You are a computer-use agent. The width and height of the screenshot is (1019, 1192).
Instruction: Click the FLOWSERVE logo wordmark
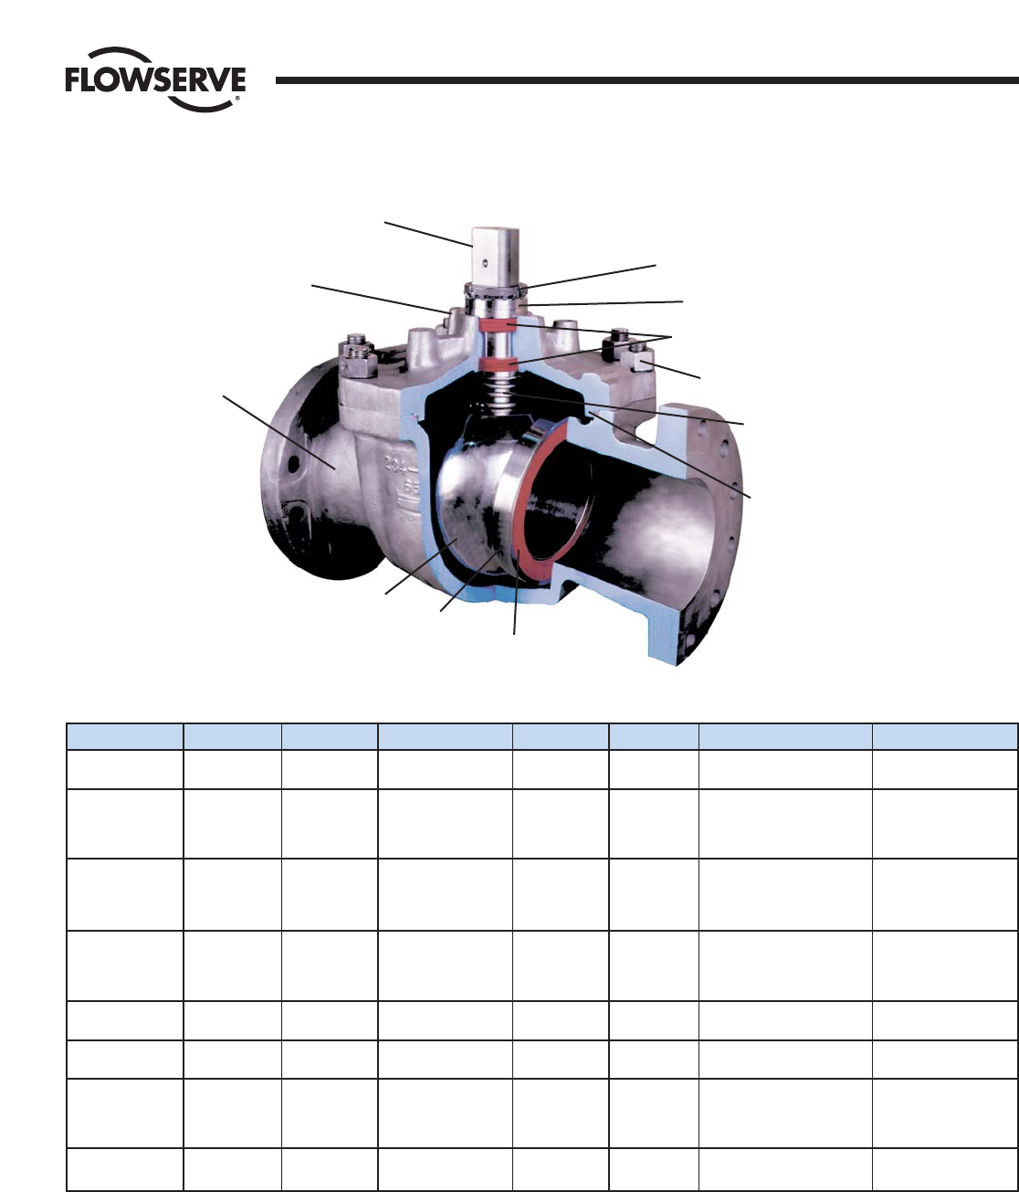pos(155,80)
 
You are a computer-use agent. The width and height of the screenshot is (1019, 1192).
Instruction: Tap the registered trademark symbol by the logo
pos(236,99)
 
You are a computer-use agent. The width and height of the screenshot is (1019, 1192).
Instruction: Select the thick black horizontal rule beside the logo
pos(646,80)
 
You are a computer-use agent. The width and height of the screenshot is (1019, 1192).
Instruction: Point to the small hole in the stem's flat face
pos(485,263)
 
